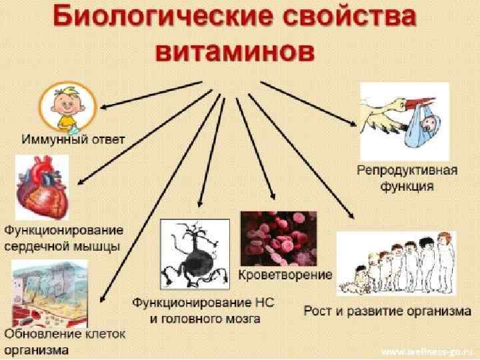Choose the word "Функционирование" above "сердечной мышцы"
click(64, 231)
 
